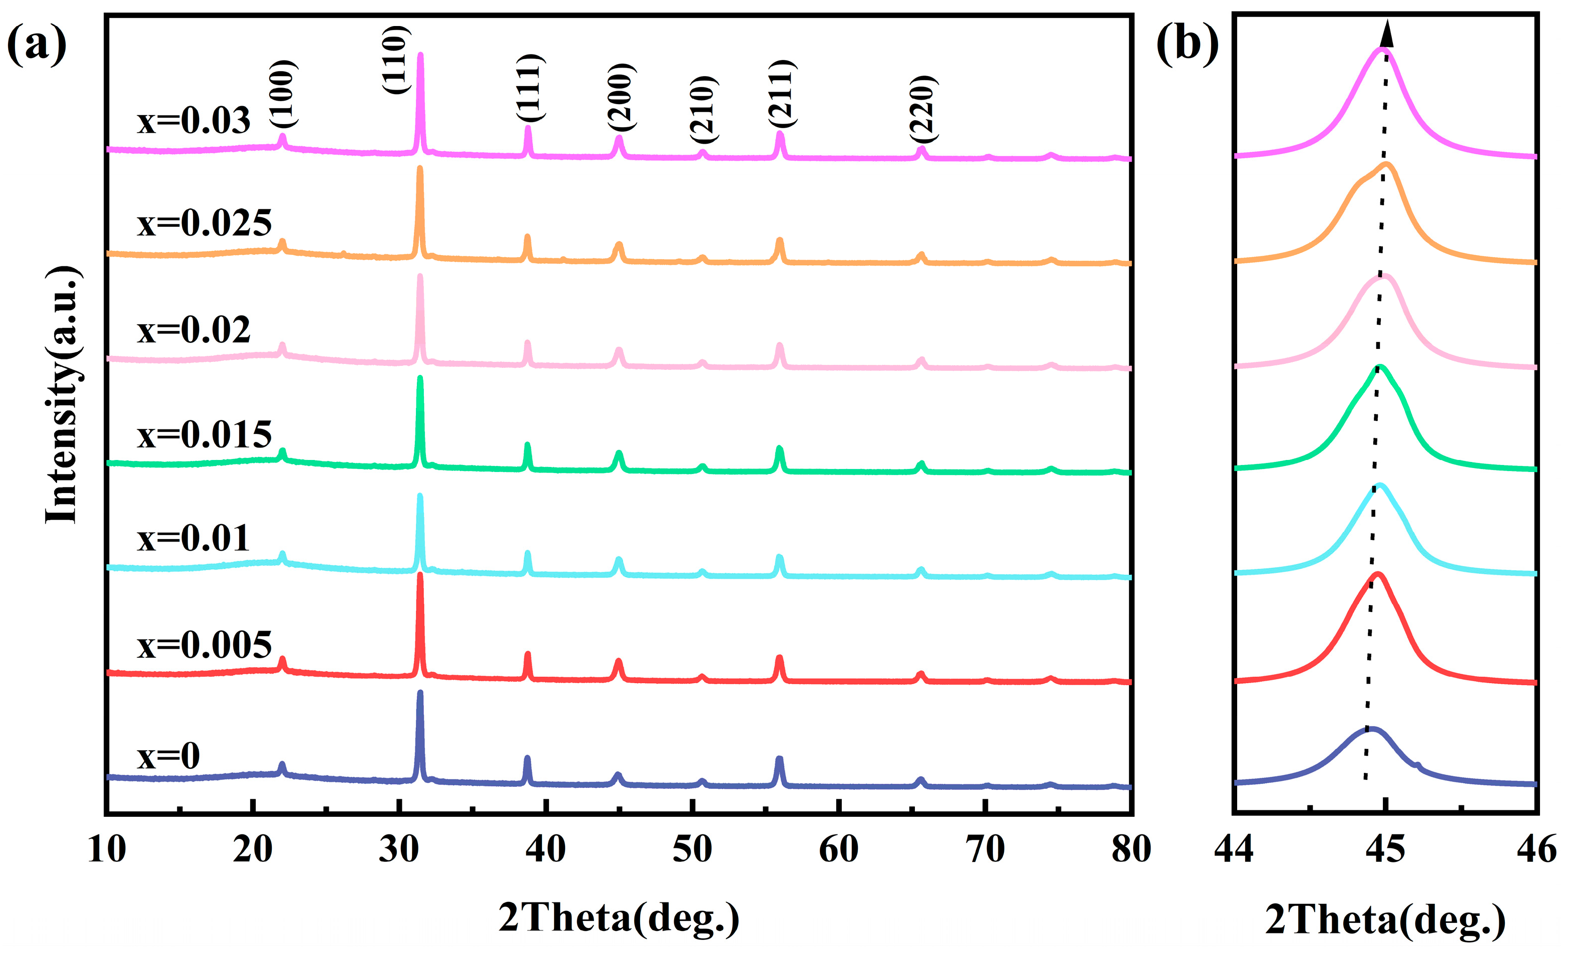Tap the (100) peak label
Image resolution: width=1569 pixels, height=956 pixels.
[281, 96]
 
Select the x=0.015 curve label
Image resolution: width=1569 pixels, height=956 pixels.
[204, 434]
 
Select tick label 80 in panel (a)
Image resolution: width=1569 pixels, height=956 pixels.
[1131, 849]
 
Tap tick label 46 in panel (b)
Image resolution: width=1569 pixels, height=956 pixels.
[1536, 849]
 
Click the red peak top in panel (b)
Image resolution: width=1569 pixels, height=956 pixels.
[1377, 575]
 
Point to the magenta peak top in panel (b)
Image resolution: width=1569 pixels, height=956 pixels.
[1382, 50]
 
